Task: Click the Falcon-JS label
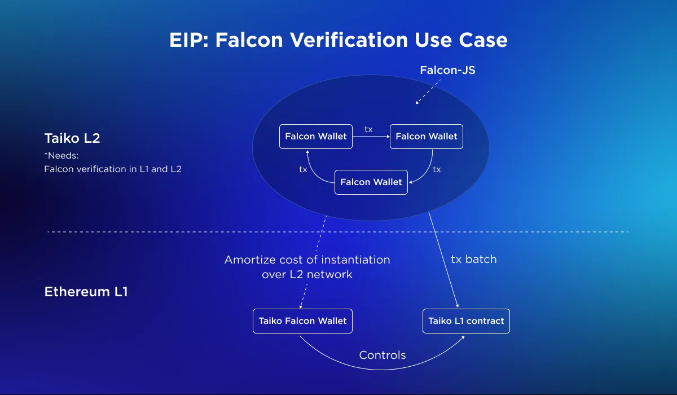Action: (x=447, y=70)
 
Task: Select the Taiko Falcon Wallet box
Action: (x=302, y=321)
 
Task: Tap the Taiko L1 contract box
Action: (x=466, y=321)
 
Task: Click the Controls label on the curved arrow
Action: (x=383, y=355)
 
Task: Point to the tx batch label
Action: (x=473, y=260)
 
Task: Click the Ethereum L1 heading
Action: (x=86, y=292)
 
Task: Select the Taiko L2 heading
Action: (x=72, y=138)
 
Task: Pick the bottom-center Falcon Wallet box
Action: (x=371, y=182)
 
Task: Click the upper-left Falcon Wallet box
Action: (x=316, y=137)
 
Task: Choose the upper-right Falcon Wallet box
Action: (x=427, y=137)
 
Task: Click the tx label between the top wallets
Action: (x=368, y=129)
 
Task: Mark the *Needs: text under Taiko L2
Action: (x=61, y=156)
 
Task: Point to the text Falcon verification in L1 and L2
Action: (x=113, y=169)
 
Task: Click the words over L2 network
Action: (x=307, y=274)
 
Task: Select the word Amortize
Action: (x=250, y=260)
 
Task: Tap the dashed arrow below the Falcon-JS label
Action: (x=428, y=92)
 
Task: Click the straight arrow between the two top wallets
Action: (x=371, y=137)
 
